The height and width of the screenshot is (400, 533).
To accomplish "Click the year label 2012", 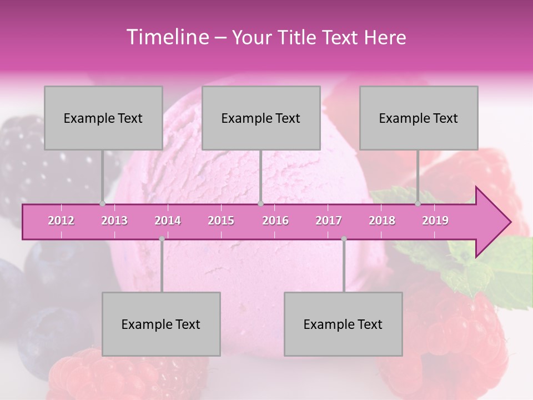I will coord(61,221).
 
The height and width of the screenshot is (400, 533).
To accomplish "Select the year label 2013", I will coord(114,221).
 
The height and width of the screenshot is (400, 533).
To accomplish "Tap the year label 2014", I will coord(168,221).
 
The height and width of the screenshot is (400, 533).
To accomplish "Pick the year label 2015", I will coord(221,221).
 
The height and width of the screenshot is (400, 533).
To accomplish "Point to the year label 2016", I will coord(275,221).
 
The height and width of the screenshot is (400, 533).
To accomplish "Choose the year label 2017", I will coord(329,221).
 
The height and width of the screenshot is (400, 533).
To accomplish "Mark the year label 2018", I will coord(382,221).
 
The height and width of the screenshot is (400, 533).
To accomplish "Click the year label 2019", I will coord(435,221).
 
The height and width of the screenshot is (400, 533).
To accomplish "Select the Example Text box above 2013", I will coord(103,118).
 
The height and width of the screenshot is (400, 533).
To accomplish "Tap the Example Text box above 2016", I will coord(261,118).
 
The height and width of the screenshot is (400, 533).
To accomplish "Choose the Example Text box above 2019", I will coord(419,118).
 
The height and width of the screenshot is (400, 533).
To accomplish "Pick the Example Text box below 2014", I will coord(161,324).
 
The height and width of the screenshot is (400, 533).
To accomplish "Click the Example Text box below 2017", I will coord(343,324).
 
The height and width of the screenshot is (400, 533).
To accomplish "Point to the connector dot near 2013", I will coord(102,203).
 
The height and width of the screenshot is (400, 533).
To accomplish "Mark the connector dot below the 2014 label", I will coord(162,239).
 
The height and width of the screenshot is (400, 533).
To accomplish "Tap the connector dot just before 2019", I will coord(418,203).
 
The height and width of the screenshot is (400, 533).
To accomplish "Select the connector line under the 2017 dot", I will coord(344,267).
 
